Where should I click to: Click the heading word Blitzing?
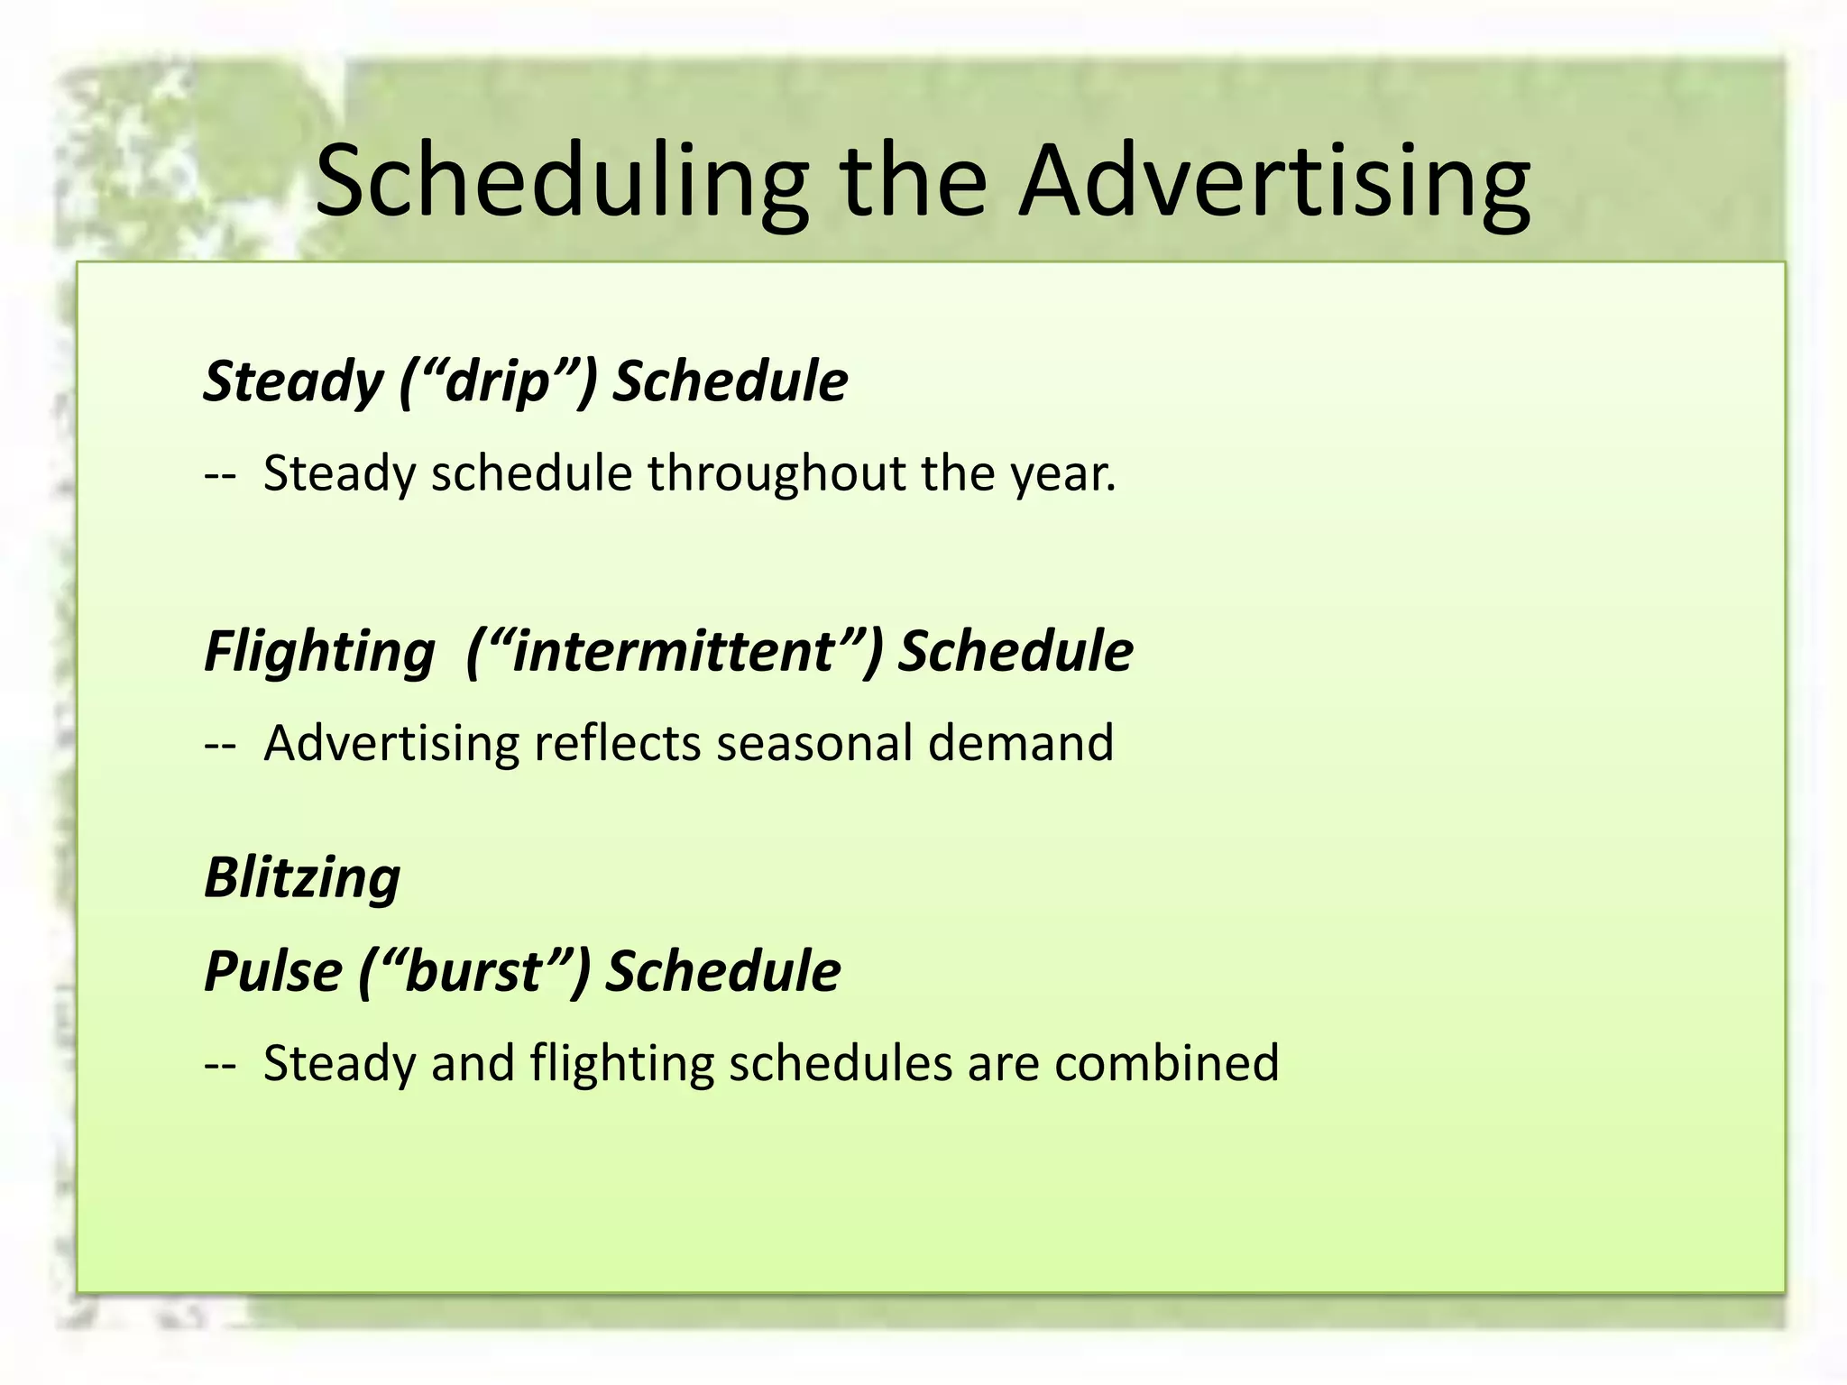[302, 878]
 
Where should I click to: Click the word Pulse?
[272, 972]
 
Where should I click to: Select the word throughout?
[776, 473]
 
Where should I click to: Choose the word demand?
[1021, 744]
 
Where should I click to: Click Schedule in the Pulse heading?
[722, 972]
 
